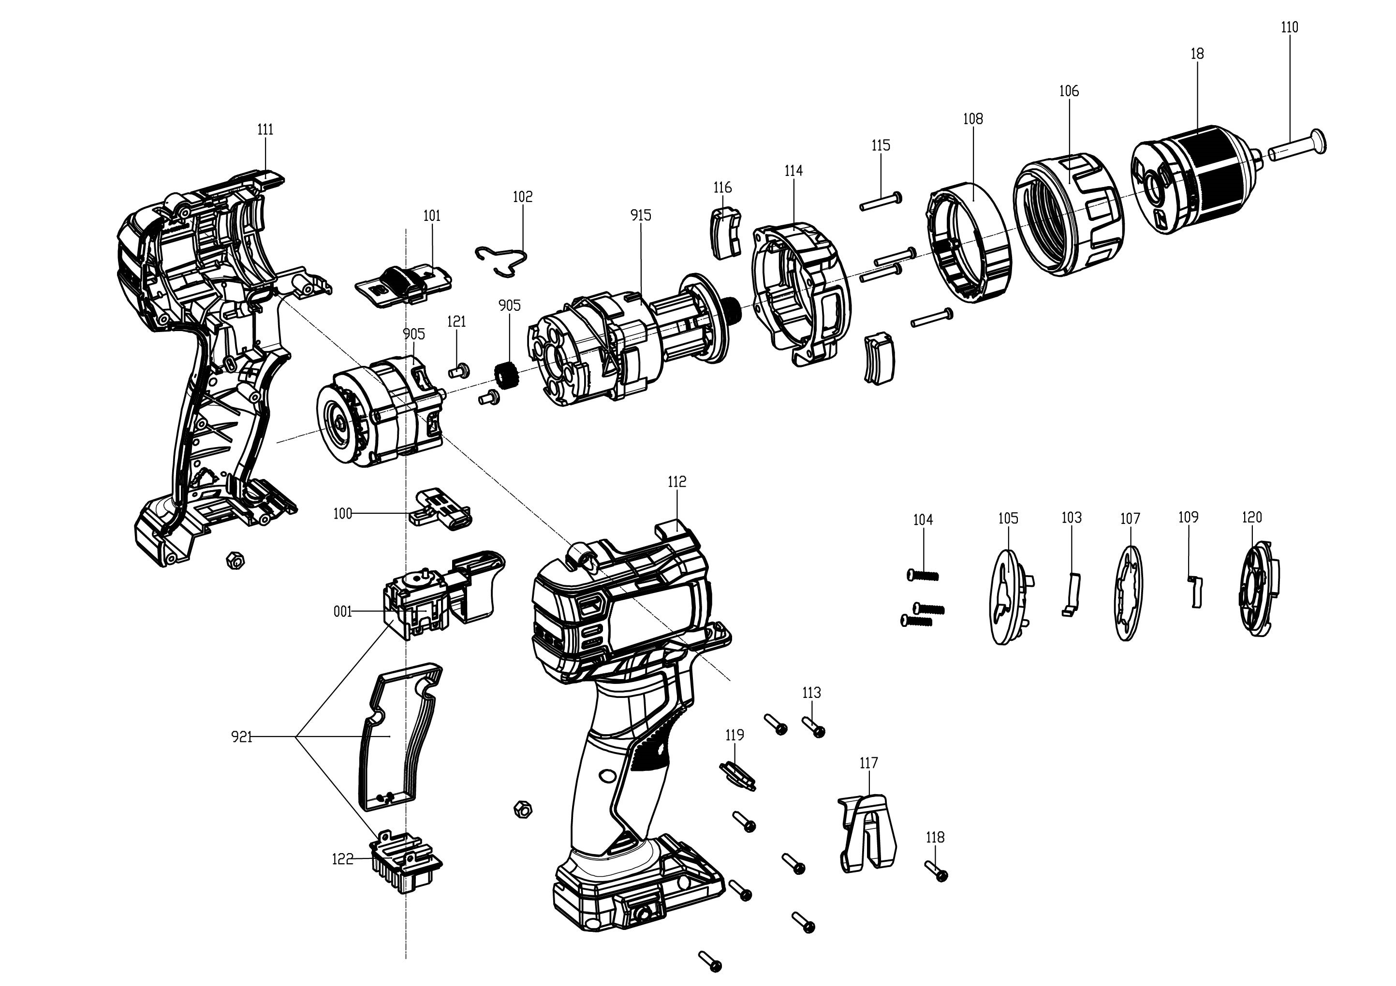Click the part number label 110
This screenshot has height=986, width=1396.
click(1289, 28)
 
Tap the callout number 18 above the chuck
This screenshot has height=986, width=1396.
click(1197, 54)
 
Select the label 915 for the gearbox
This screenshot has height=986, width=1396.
click(641, 215)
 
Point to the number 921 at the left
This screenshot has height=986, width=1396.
click(241, 737)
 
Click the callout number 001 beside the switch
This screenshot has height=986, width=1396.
click(343, 611)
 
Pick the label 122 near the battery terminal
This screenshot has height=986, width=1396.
click(342, 859)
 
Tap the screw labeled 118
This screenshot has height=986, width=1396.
click(937, 871)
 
